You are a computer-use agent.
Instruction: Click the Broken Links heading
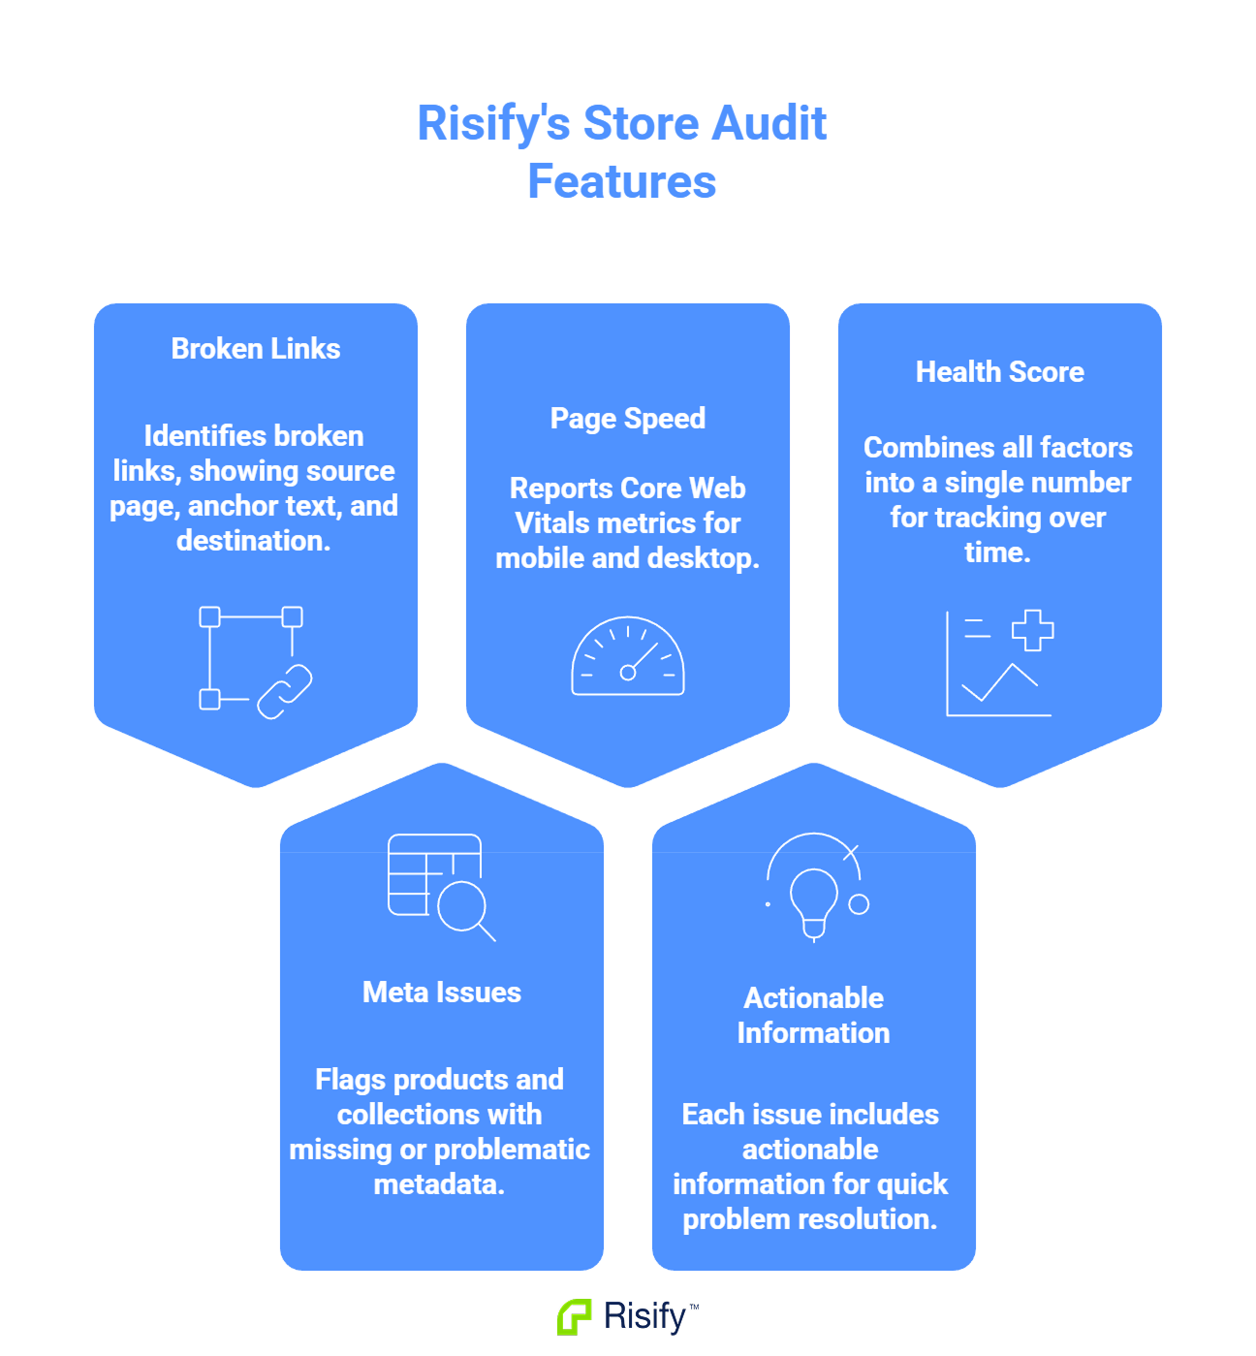click(256, 349)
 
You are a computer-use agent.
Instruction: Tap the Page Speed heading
click(627, 419)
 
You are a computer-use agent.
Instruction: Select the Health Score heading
click(999, 372)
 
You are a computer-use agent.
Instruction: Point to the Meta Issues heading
click(441, 993)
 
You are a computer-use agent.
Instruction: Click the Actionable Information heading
click(813, 1015)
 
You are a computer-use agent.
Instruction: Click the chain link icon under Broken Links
click(285, 691)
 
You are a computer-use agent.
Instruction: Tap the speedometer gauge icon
click(628, 657)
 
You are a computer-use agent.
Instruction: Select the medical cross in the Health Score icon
click(1032, 630)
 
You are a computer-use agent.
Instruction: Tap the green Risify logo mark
click(575, 1317)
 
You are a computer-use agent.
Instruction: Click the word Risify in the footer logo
click(644, 1316)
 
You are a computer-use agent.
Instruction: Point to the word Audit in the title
click(769, 124)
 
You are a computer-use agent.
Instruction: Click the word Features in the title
click(622, 182)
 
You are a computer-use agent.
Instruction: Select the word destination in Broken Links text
click(253, 541)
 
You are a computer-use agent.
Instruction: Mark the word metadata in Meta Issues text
click(439, 1184)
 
